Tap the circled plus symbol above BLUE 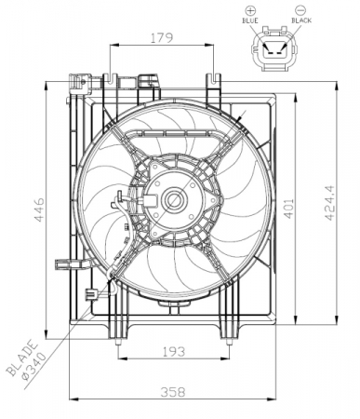coord(248,8)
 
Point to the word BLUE coord(248,20)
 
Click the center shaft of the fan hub coord(172,199)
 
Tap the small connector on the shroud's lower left coord(91,295)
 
